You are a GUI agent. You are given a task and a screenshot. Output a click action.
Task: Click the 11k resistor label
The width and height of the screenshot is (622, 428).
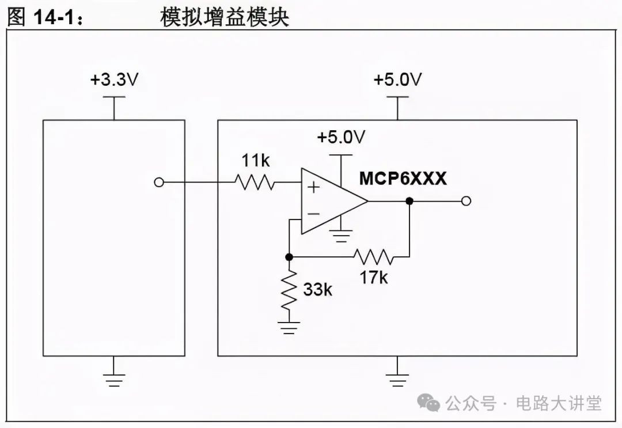point(255,161)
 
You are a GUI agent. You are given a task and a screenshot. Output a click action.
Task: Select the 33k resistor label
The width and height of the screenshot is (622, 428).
point(317,290)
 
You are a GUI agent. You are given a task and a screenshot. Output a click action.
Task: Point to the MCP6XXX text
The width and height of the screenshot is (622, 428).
point(403,179)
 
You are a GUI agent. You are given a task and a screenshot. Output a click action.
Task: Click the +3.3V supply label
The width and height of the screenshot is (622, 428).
point(114,80)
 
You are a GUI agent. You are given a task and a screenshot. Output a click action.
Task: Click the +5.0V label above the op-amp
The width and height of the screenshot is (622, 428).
point(342,138)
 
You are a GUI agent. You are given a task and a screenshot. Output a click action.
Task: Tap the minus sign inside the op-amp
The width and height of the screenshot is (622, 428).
point(313,214)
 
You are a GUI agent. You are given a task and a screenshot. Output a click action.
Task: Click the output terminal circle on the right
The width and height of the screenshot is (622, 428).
point(466,200)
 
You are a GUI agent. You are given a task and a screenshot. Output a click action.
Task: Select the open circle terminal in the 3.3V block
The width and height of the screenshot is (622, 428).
point(160,183)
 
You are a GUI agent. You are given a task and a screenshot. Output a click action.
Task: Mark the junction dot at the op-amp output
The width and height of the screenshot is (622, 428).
point(409,200)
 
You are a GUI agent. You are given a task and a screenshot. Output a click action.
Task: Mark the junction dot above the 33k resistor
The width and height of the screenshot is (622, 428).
point(290,256)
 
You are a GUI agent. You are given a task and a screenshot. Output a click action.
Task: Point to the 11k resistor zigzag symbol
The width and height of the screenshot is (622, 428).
point(255,183)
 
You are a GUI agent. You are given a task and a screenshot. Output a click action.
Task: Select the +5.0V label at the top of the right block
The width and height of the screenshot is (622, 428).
point(397,80)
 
